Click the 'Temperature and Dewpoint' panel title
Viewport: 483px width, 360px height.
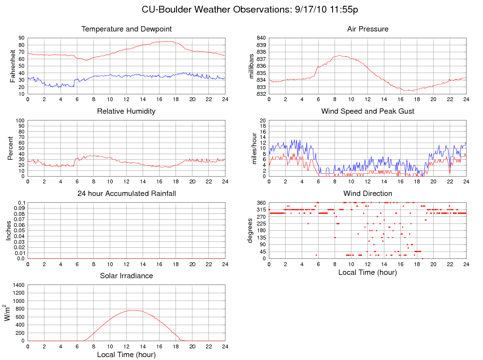(127, 29)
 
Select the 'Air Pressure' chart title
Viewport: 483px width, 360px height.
(367, 29)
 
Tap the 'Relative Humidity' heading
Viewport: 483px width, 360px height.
(126, 111)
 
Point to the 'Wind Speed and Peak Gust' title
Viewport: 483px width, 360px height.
(367, 111)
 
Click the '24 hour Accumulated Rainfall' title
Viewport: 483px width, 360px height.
(127, 194)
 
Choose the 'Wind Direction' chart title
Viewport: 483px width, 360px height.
(367, 194)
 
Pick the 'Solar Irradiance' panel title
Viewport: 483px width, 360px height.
(126, 276)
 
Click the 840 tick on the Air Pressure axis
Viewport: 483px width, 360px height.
(261, 38)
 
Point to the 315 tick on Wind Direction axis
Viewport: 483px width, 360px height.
(261, 210)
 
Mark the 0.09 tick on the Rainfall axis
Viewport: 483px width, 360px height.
(19, 209)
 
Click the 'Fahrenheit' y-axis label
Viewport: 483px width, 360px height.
(13, 65)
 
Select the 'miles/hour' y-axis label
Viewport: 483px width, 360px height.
(253, 148)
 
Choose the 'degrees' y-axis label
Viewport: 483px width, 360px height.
(250, 230)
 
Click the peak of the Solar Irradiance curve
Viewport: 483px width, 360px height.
(133, 310)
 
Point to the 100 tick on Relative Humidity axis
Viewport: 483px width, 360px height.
(20, 120)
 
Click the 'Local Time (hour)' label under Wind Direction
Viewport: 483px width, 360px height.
(367, 272)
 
